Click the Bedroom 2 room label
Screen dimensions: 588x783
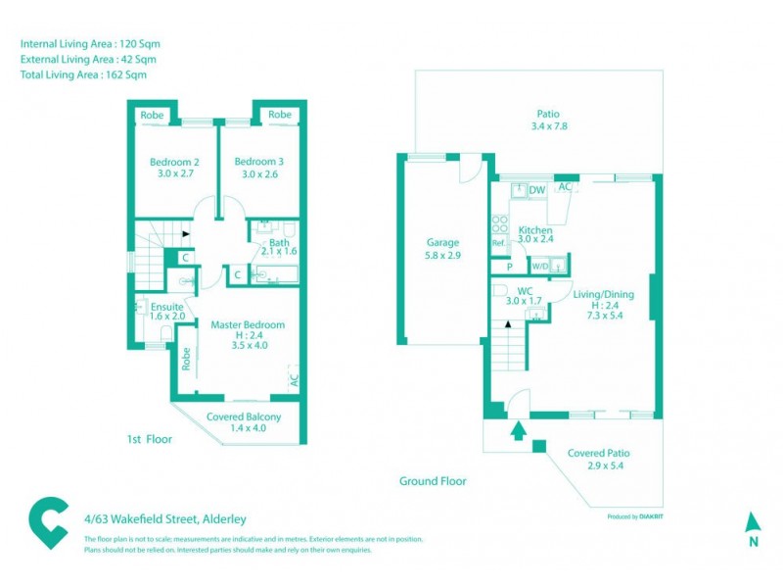[x=174, y=162]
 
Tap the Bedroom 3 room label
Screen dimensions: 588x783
[x=259, y=162]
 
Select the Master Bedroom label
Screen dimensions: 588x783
[x=248, y=324]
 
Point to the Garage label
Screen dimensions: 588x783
[x=442, y=243]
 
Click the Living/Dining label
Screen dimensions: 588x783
[x=605, y=294]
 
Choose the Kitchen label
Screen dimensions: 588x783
[x=535, y=230]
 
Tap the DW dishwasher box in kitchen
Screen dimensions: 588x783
[x=537, y=190]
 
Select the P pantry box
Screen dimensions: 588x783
[x=509, y=266]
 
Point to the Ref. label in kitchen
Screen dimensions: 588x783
[x=498, y=242]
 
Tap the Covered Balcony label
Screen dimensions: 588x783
[x=244, y=416]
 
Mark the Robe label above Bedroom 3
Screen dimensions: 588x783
[x=280, y=115]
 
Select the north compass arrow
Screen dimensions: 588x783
[x=752, y=521]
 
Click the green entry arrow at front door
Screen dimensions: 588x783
[x=518, y=429]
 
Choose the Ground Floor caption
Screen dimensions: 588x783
[x=433, y=481]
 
